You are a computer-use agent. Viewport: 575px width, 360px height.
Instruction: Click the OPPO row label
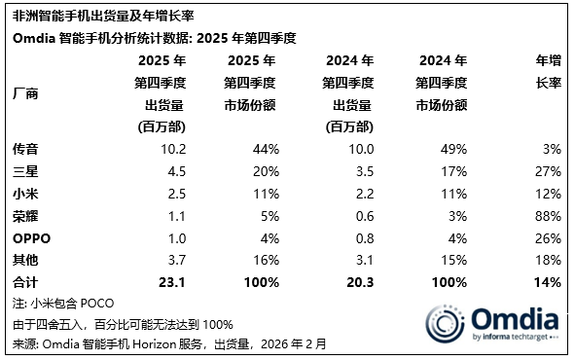pyautogui.click(x=30, y=237)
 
